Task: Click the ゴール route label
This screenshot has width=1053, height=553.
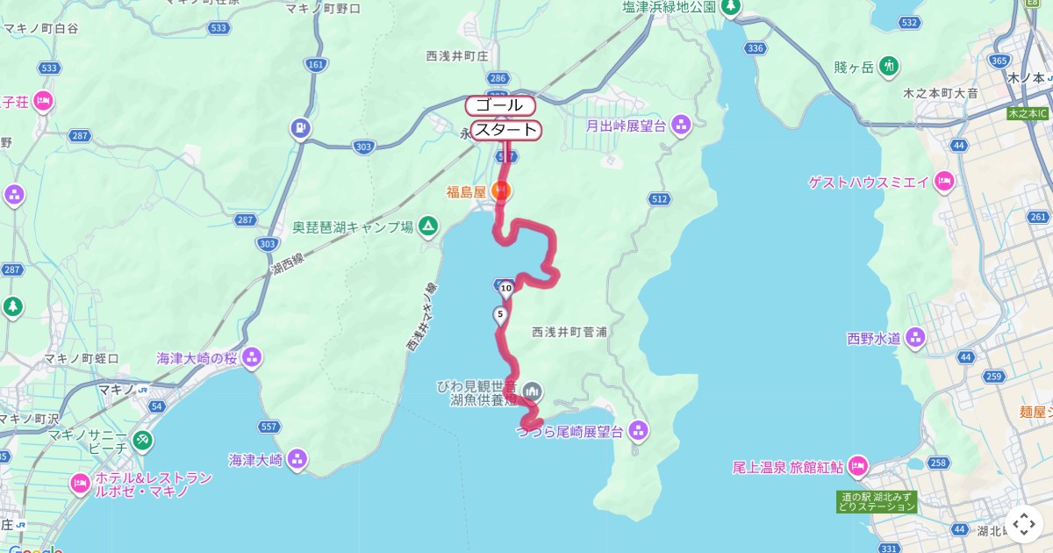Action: click(500, 105)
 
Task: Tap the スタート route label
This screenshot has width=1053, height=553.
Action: click(505, 131)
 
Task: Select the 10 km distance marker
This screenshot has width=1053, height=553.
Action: click(506, 288)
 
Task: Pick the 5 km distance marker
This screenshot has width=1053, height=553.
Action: click(500, 314)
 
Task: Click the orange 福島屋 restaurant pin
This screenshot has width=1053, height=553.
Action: click(502, 190)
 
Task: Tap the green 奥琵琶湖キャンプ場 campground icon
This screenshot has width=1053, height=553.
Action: click(428, 226)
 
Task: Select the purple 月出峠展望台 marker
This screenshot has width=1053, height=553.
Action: click(681, 126)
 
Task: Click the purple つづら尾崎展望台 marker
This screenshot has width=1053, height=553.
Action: click(638, 431)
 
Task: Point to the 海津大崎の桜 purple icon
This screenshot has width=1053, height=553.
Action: click(252, 357)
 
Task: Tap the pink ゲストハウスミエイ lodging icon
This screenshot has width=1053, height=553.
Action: click(944, 182)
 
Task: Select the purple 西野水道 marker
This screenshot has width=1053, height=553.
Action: click(915, 337)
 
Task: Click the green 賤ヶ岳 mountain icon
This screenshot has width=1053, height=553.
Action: click(889, 66)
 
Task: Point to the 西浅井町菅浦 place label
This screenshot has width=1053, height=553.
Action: click(569, 333)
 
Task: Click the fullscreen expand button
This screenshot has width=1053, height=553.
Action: click(1024, 524)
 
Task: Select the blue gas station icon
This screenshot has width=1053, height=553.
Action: click(301, 129)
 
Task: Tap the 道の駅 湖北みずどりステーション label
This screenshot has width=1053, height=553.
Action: click(876, 501)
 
